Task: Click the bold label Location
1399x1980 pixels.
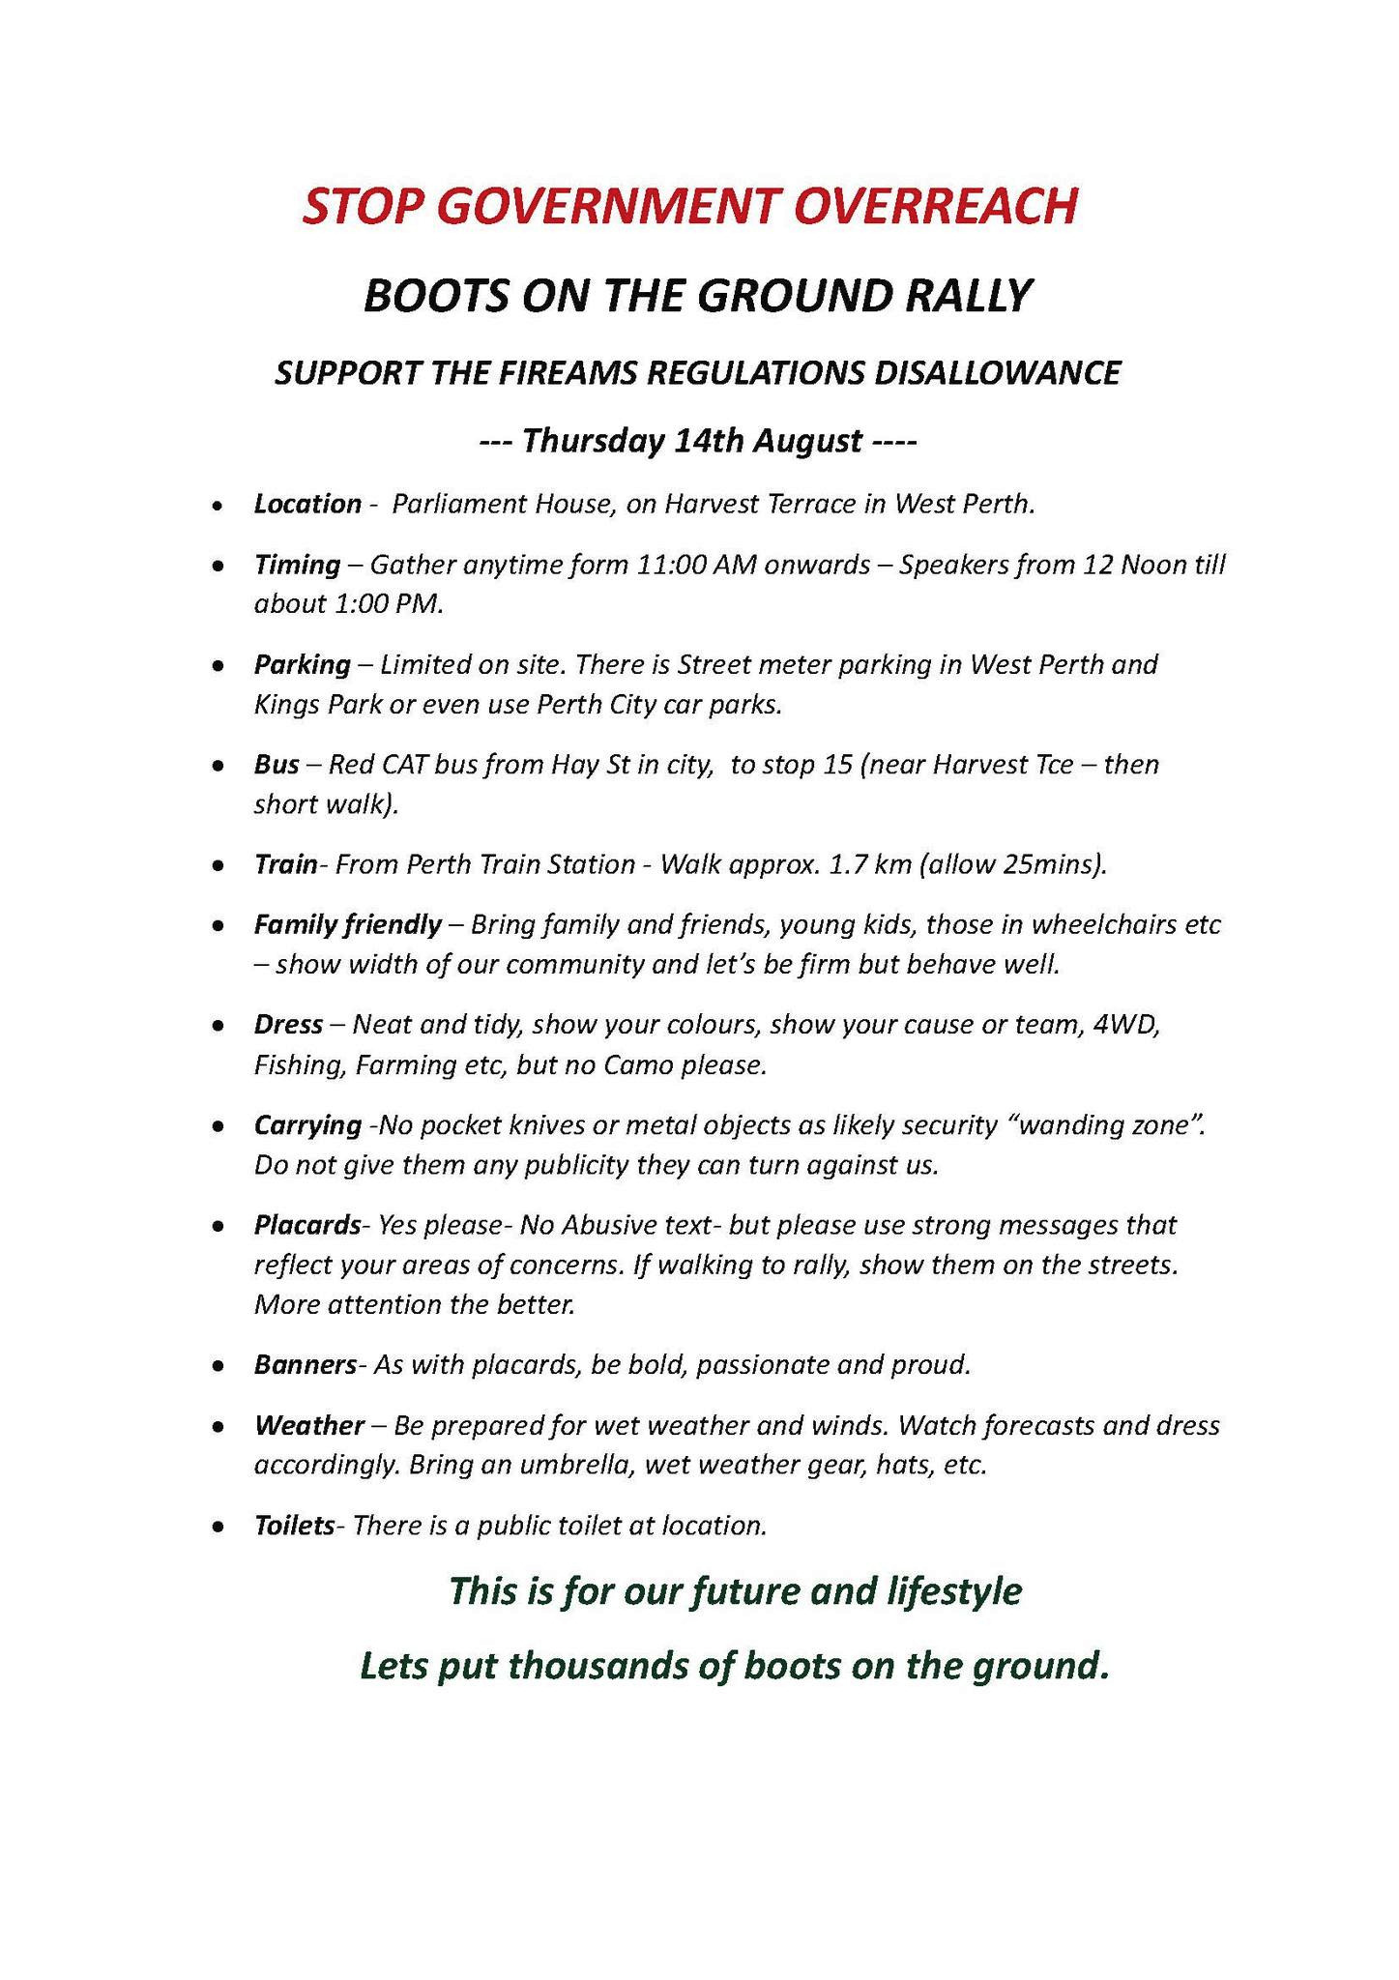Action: tap(306, 504)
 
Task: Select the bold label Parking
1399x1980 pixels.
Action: tap(302, 665)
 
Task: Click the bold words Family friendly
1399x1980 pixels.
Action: tap(347, 925)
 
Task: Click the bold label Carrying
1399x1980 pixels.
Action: tap(307, 1125)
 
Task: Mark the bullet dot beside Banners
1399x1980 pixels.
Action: tap(220, 1366)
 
